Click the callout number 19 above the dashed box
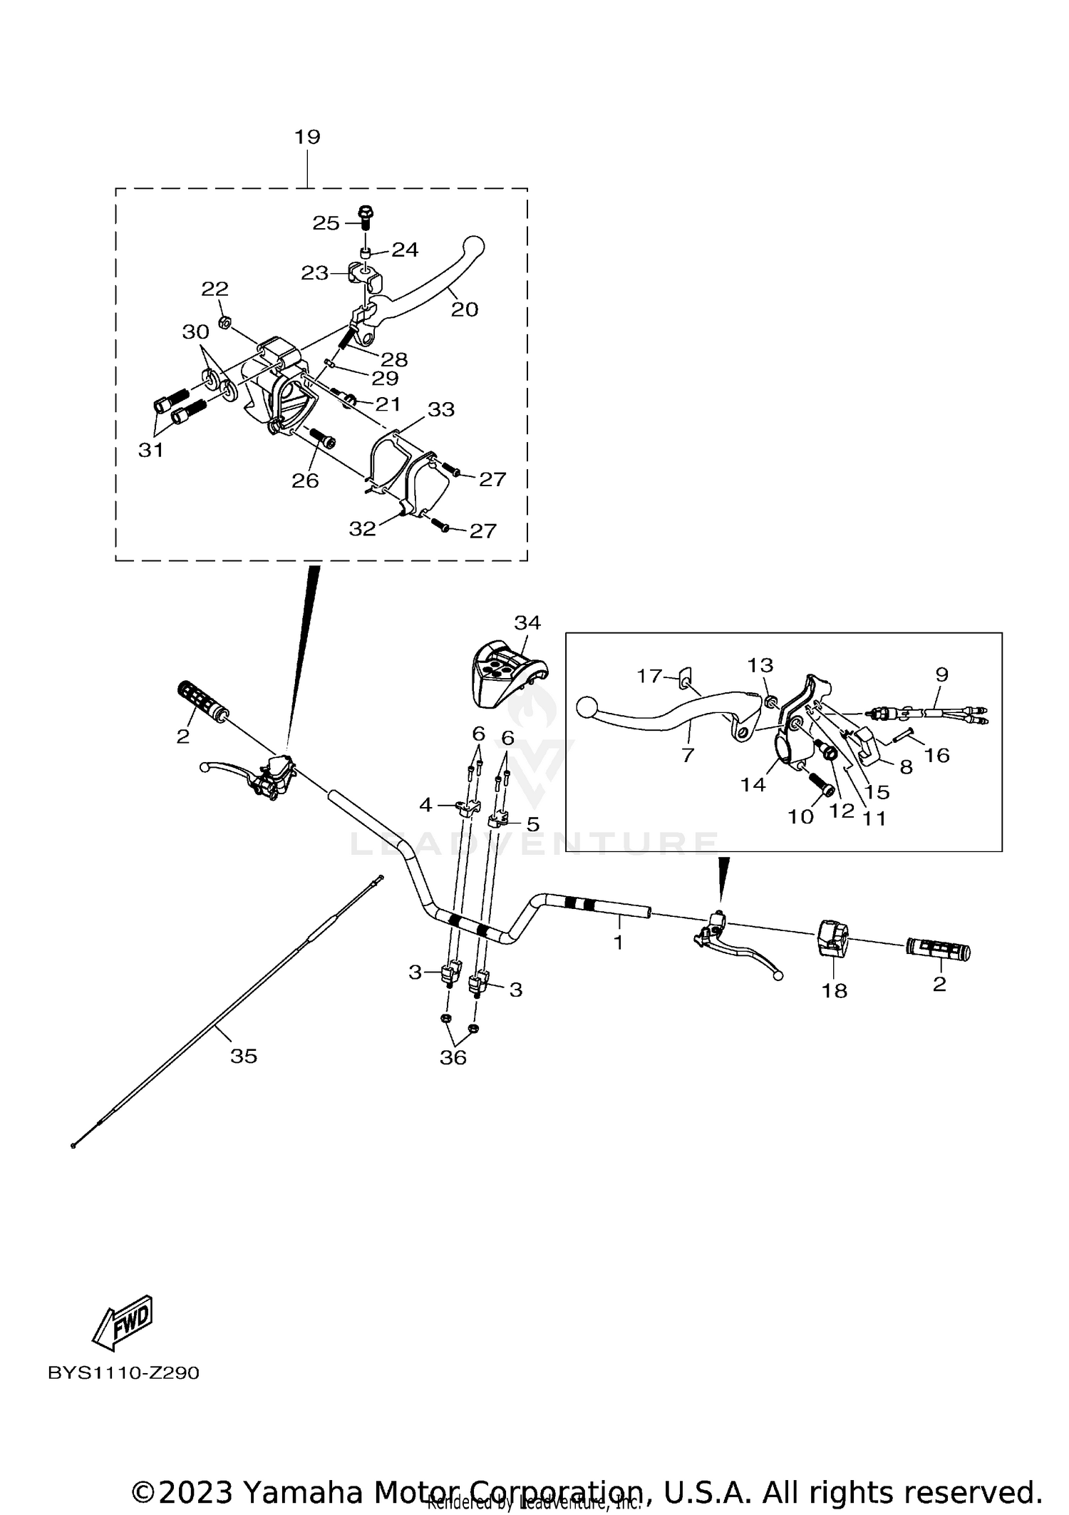307,136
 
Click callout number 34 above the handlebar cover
527,622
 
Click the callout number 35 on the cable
243,1057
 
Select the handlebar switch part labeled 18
831,938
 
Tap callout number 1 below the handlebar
618,943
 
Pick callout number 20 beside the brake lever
465,309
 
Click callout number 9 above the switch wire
941,674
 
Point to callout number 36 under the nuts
453,1058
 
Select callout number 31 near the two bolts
151,450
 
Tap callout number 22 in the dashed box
215,289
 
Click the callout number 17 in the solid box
649,675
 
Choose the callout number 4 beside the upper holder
425,805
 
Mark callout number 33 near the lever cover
441,409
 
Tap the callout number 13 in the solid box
760,665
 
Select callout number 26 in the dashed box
305,481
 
